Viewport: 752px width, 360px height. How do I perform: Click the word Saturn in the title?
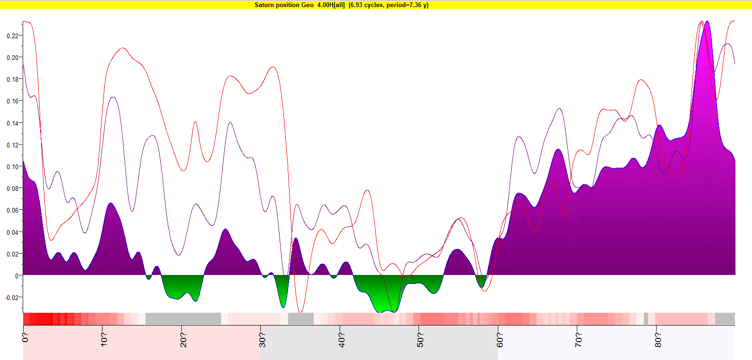click(264, 5)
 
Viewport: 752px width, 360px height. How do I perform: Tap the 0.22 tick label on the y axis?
click(12, 36)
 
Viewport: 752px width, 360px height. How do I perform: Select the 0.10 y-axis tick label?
click(12, 167)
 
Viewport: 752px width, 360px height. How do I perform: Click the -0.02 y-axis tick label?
click(11, 298)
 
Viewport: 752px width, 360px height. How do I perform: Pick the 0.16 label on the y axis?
click(12, 101)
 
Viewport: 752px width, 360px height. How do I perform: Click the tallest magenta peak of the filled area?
click(707, 22)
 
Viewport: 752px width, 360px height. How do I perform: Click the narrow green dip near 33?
click(283, 306)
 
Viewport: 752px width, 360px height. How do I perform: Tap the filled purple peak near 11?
click(111, 204)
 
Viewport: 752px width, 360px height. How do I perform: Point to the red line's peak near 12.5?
click(123, 48)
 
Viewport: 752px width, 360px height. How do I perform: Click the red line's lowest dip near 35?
click(300, 312)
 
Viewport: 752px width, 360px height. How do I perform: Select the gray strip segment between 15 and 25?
click(183, 319)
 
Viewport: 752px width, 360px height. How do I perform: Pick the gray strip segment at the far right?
click(725, 319)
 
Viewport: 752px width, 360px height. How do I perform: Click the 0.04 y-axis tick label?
click(12, 232)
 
